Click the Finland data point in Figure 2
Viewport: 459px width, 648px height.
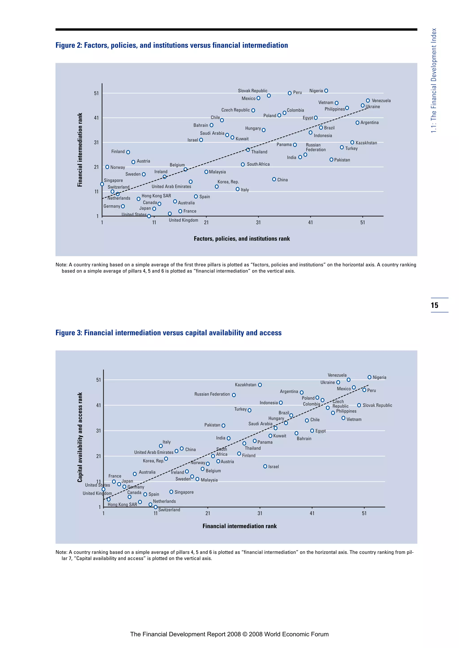(x=128, y=152)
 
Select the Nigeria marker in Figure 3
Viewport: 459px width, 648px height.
(x=369, y=377)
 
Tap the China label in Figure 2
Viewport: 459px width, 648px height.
(x=282, y=180)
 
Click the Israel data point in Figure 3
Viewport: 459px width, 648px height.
(x=265, y=467)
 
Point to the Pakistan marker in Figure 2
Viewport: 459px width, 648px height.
(x=331, y=160)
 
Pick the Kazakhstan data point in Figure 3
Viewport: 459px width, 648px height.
(x=260, y=385)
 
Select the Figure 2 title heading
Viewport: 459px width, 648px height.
(x=171, y=45)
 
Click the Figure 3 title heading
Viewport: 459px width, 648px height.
(x=169, y=333)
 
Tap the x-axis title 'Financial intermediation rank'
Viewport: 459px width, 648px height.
(x=239, y=526)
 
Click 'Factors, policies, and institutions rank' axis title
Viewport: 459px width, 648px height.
(x=242, y=239)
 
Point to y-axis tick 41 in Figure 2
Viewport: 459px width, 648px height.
(x=96, y=118)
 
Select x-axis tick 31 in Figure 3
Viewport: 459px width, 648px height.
(x=260, y=513)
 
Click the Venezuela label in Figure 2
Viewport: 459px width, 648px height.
(x=381, y=101)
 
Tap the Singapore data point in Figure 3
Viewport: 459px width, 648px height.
(x=171, y=492)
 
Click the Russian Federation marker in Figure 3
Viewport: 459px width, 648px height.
(x=234, y=395)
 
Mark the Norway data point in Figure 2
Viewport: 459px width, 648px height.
(x=107, y=167)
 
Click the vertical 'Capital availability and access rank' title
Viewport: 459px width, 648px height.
(x=80, y=437)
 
